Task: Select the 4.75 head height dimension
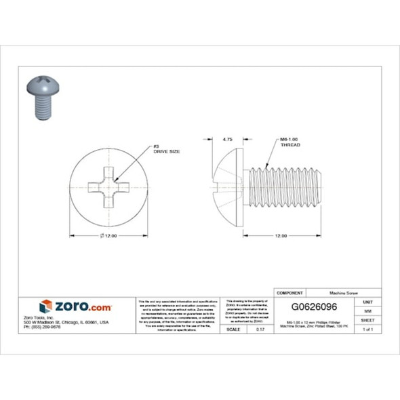coord(227,138)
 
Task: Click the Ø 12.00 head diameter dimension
coord(108,235)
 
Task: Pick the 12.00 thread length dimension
coord(279,235)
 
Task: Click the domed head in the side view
coord(228,182)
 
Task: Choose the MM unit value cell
coord(367,311)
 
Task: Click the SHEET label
coord(367,319)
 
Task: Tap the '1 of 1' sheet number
coord(367,329)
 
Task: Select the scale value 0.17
coord(260,329)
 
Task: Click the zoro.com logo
coord(75,307)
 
